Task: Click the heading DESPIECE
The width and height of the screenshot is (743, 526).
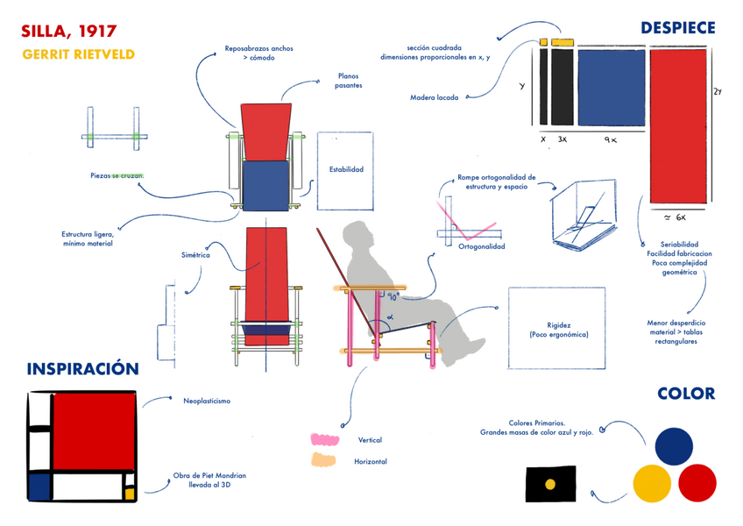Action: click(x=677, y=28)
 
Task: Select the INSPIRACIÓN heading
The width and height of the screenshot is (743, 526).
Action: click(x=83, y=369)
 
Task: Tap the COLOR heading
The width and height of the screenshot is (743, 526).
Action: click(x=685, y=394)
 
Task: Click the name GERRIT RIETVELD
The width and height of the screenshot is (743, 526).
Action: click(x=78, y=54)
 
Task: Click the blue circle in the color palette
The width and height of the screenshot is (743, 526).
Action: click(x=673, y=445)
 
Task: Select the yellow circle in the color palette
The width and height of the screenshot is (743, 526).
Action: click(x=652, y=482)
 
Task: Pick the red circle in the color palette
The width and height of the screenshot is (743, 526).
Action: click(x=697, y=482)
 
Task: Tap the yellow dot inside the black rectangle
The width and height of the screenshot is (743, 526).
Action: click(x=550, y=483)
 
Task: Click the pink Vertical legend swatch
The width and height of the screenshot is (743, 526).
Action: click(x=324, y=439)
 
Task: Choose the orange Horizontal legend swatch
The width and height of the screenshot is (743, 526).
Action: click(x=323, y=460)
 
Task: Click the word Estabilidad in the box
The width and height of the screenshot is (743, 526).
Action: click(x=346, y=170)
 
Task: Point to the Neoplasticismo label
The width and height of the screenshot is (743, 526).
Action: click(x=207, y=401)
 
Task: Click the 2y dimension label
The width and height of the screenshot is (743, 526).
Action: click(x=717, y=92)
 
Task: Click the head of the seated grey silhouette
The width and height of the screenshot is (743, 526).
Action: click(x=360, y=235)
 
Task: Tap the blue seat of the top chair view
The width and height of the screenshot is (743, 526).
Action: click(x=265, y=185)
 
